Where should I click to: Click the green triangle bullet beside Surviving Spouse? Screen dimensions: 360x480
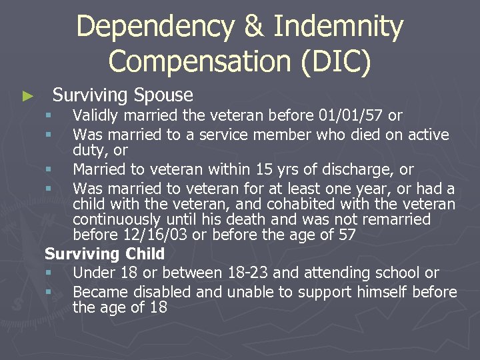click(x=27, y=97)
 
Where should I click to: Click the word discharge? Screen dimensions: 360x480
click(x=362, y=169)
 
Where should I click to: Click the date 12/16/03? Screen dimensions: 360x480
click(x=153, y=235)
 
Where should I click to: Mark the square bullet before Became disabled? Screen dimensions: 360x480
click(x=49, y=292)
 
